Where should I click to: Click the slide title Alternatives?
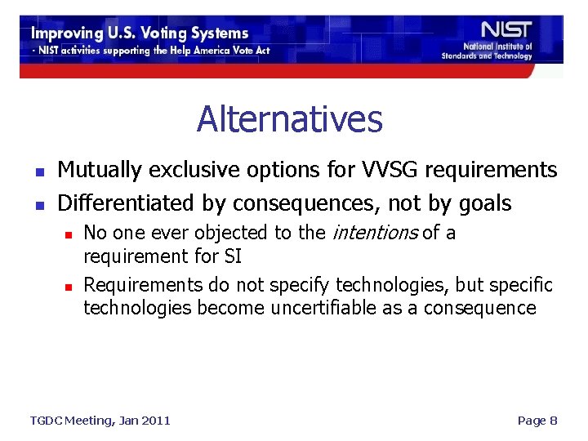289,119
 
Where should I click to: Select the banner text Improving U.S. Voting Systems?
140,33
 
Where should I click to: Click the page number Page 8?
537,421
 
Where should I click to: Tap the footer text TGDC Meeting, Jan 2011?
100,421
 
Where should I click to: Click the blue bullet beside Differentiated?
38,204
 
